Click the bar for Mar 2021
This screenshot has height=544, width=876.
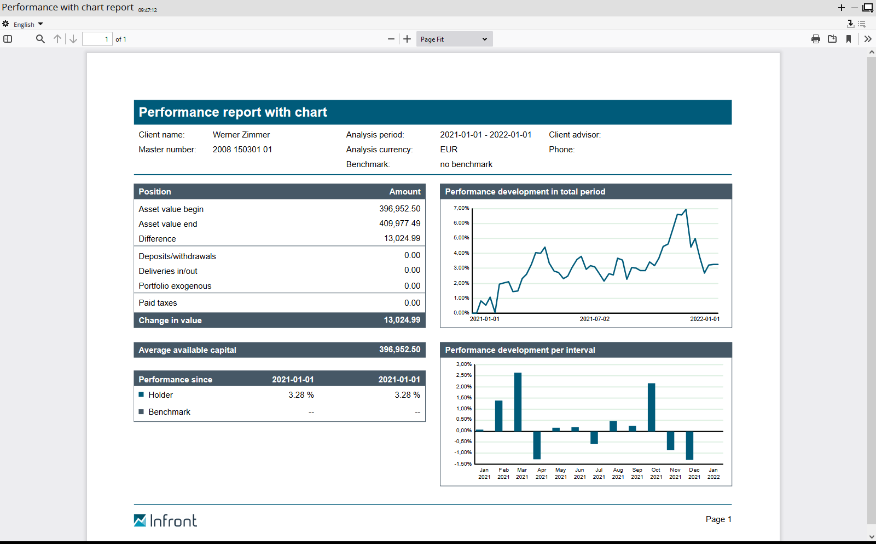point(518,402)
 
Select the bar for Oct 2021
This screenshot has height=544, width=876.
point(651,407)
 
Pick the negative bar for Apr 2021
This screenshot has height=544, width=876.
point(537,445)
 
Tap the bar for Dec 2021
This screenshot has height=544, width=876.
point(689,445)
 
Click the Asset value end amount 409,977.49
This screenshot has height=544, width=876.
point(399,224)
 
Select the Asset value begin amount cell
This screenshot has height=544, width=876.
point(399,209)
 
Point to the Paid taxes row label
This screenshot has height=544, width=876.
point(158,303)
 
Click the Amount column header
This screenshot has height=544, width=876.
point(404,192)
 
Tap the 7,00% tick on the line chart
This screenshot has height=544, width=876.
point(461,208)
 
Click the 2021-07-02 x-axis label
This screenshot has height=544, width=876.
point(594,319)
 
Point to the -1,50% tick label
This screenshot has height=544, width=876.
point(463,464)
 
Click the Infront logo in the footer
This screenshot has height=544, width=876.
point(165,520)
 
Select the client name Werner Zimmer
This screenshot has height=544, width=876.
point(241,135)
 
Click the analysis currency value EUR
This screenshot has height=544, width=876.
point(449,150)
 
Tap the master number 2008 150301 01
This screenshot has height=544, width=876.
point(242,150)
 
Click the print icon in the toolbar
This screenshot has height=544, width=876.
point(815,39)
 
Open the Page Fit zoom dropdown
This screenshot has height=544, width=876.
point(454,39)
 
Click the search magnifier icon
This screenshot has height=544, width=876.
point(40,39)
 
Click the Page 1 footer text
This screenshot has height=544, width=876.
point(718,519)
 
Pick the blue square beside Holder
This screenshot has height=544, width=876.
point(141,394)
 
